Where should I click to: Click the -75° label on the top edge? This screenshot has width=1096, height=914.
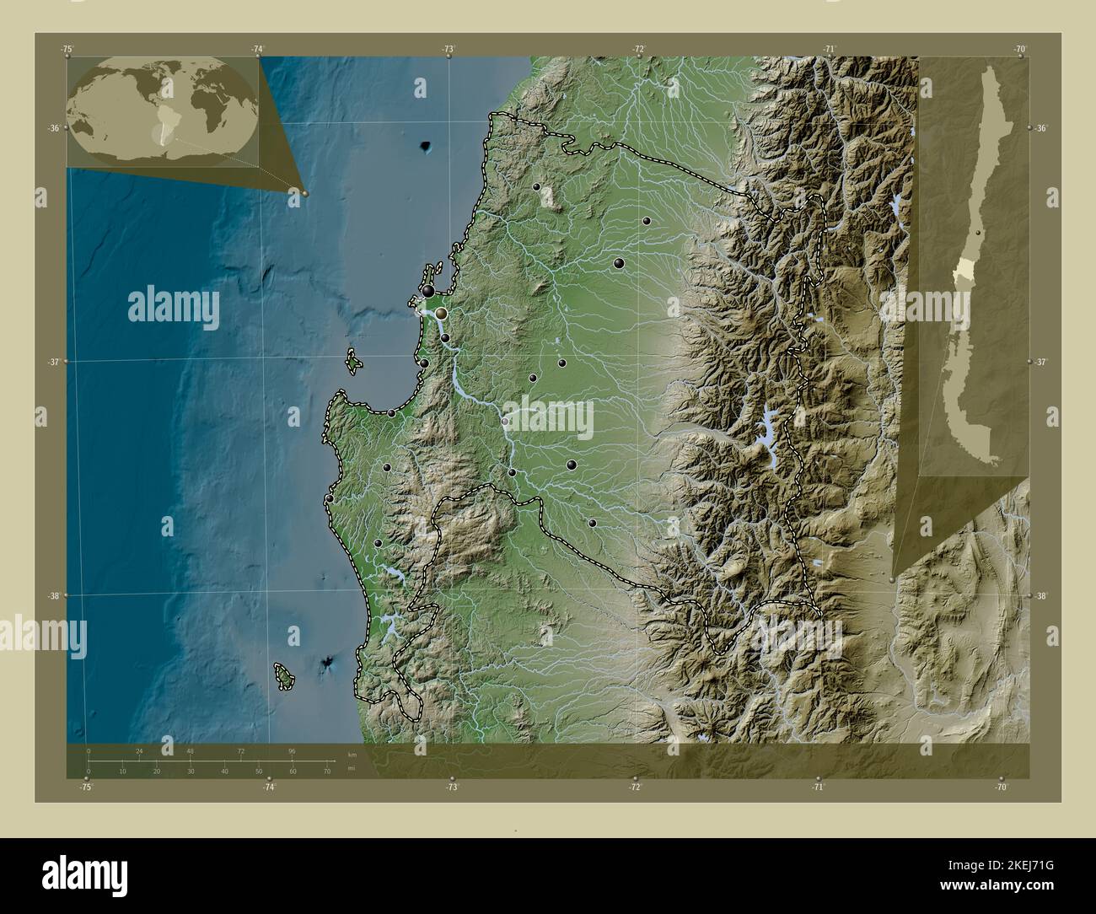coord(67,50)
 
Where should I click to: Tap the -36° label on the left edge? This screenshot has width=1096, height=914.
coord(53,128)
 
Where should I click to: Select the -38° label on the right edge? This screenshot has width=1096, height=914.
coord(1042,596)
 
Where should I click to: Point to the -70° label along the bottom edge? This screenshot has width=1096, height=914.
coord(1001,787)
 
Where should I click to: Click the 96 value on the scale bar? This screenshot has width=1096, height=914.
coord(292,750)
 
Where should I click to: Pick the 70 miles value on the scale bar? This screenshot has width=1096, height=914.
coord(326,771)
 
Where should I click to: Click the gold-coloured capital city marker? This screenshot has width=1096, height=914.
coord(440,313)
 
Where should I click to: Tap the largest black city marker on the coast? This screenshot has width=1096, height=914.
coord(428,291)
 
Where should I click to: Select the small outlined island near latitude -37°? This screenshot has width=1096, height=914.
coord(354,363)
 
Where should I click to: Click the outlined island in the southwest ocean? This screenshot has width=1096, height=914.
coord(284,675)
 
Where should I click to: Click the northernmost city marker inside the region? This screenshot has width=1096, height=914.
coord(537,186)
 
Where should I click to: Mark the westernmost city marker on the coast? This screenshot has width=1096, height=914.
coord(329,499)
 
